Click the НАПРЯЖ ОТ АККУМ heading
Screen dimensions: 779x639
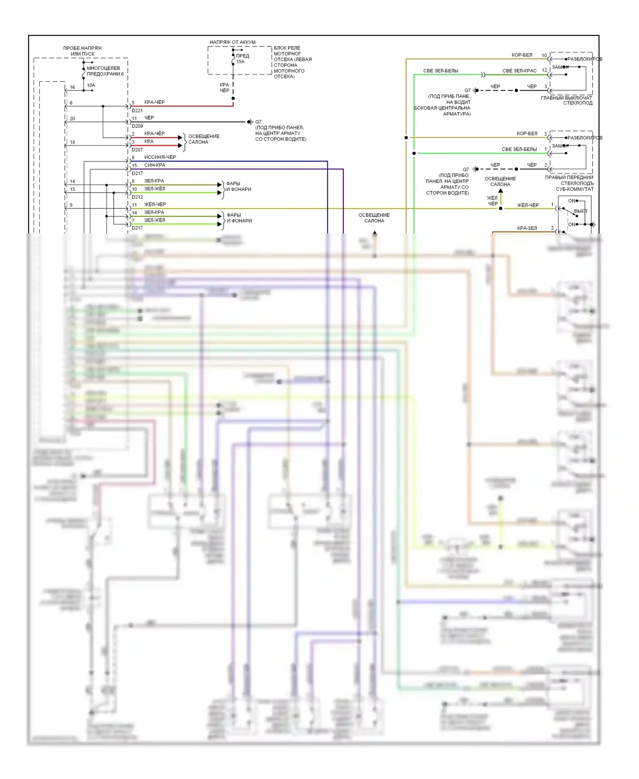click(x=232, y=42)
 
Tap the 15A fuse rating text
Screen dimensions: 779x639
click(x=240, y=62)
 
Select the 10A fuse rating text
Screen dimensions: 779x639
click(x=91, y=85)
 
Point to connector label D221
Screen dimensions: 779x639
click(x=137, y=111)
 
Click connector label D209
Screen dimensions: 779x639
click(x=137, y=126)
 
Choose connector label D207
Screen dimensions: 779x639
click(x=137, y=150)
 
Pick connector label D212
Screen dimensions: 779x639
click(x=137, y=197)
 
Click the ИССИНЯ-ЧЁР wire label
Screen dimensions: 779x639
click(x=160, y=157)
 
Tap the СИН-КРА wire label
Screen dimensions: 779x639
click(x=155, y=165)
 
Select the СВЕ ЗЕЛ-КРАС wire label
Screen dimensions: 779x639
click(x=519, y=71)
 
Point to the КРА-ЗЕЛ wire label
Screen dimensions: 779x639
click(x=527, y=228)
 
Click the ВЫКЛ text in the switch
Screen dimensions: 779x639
click(x=580, y=211)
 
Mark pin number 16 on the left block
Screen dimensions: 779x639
click(x=72, y=87)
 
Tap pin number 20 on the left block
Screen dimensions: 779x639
click(x=72, y=119)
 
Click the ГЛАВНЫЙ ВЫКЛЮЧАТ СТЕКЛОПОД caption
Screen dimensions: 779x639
click(x=567, y=100)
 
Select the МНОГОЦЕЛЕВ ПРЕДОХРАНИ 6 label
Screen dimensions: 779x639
click(x=105, y=71)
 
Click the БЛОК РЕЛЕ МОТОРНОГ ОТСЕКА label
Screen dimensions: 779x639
click(x=292, y=62)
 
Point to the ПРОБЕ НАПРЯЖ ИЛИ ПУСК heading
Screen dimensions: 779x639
click(x=83, y=51)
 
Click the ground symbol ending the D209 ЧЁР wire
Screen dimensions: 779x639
click(x=250, y=122)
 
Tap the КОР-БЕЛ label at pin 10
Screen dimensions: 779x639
click(x=522, y=55)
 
